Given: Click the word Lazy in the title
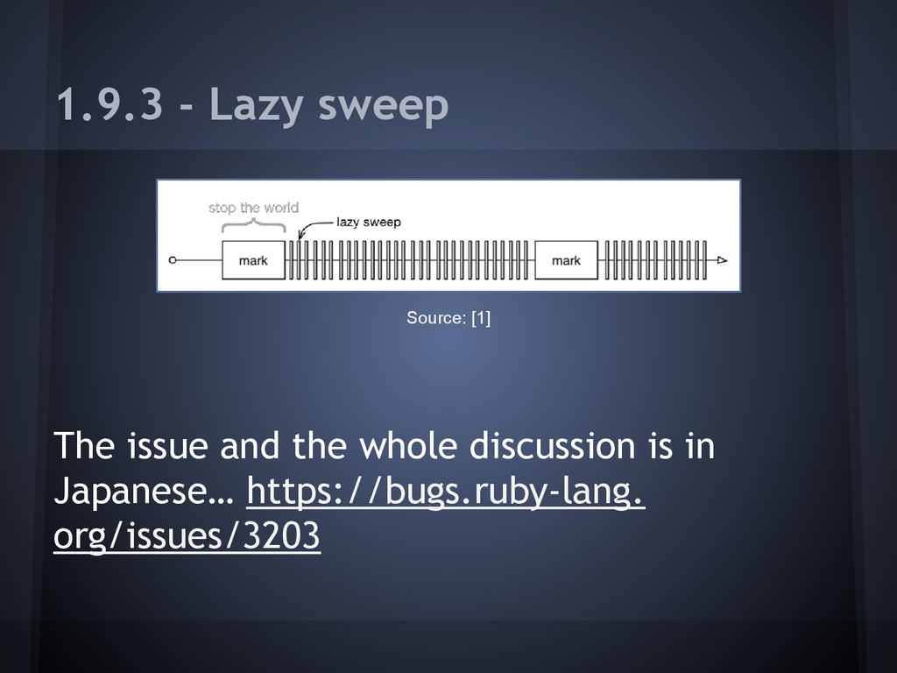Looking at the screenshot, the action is point(255,107).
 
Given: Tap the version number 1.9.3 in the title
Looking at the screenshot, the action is point(109,105).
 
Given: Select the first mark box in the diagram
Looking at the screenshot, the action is point(253,260).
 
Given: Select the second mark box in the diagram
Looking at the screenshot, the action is point(566,260).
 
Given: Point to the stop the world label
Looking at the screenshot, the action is point(253,208).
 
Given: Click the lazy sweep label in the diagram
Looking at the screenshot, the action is point(369,223).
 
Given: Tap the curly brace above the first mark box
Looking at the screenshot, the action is point(253,223).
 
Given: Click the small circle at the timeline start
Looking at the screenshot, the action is point(173,260).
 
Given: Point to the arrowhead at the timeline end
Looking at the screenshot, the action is point(722,260).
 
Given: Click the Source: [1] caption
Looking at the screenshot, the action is point(448,317).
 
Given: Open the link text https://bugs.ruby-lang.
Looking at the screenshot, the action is point(447,492).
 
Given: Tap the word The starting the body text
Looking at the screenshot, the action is point(84,447).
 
